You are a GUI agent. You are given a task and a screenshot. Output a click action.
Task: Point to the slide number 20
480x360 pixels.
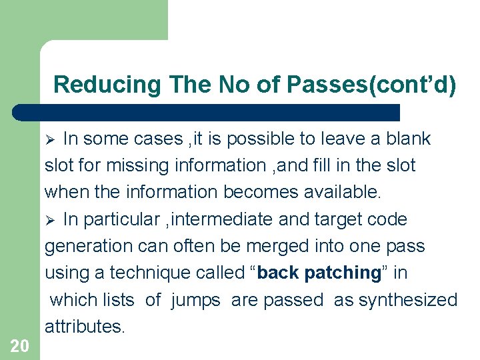point(20,345)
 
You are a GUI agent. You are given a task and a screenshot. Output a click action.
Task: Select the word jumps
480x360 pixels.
point(195,300)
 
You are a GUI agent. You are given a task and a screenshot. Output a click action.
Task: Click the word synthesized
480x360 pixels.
point(408,300)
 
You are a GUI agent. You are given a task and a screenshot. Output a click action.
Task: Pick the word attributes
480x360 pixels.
point(85,327)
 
